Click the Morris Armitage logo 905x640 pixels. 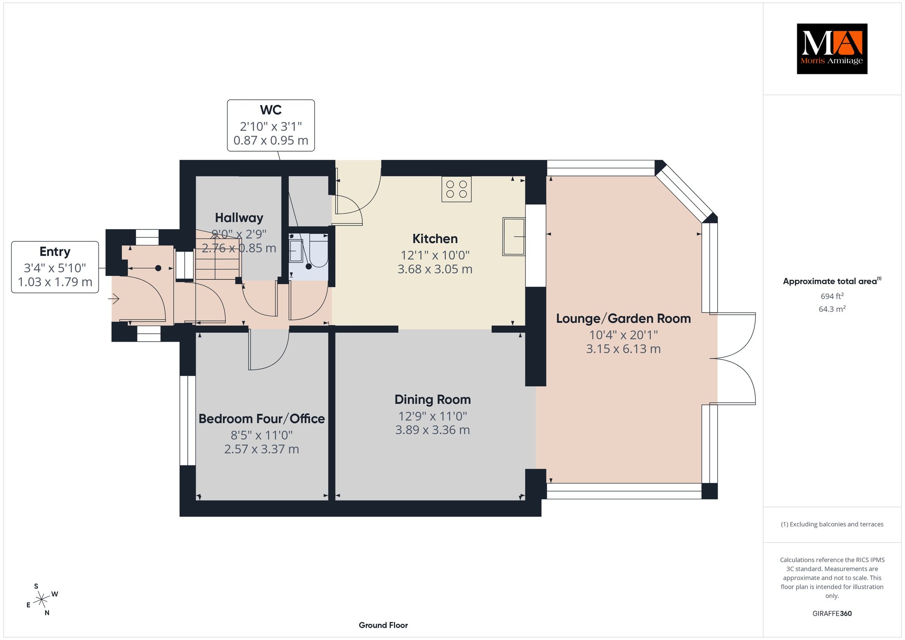click(832, 49)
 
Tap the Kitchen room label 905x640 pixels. click(435, 239)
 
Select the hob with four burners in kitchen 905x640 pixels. click(456, 189)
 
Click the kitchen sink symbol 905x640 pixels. click(514, 236)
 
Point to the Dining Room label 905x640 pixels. click(433, 400)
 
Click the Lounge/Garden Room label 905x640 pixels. click(623, 319)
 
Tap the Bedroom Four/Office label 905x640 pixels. click(262, 419)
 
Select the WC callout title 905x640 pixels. click(270, 110)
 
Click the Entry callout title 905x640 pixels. click(55, 252)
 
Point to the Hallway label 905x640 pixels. click(239, 218)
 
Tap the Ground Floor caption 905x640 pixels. click(383, 625)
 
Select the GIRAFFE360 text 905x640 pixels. click(832, 613)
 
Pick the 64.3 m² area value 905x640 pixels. click(832, 309)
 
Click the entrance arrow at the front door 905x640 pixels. click(114, 300)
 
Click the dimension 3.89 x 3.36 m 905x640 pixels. click(432, 430)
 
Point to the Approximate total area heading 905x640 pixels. click(832, 281)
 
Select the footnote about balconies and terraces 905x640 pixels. click(832, 524)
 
